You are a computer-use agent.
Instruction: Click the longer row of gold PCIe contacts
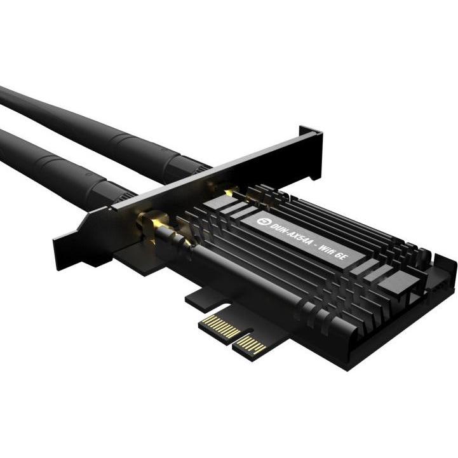(220, 327)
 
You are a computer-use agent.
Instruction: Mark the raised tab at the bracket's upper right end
(312, 136)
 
